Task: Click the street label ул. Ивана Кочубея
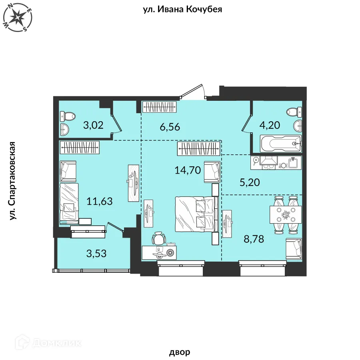point(182,9)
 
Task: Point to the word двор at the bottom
point(180,352)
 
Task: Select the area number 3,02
point(93,125)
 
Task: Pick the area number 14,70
point(188,170)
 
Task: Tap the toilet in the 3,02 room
point(68,116)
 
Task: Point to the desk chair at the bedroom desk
point(159,238)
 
